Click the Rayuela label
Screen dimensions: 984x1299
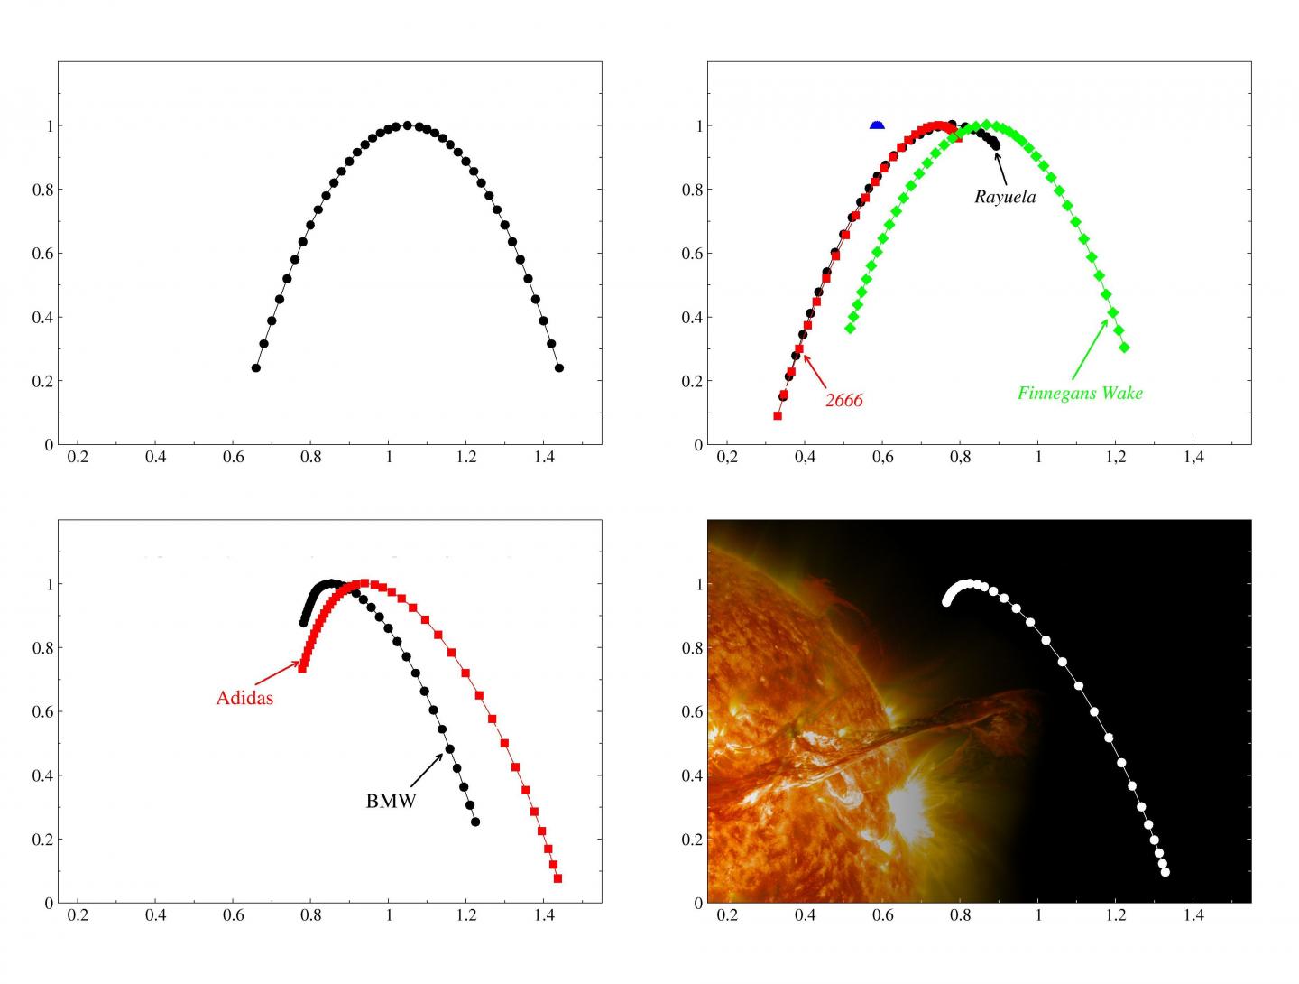[x=1005, y=197]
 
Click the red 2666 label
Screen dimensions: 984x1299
[x=843, y=400]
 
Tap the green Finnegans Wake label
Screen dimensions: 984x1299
[x=1080, y=393]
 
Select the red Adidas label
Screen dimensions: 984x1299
[x=244, y=698]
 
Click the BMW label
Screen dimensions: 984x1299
[x=391, y=801]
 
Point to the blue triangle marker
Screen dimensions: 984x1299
[x=877, y=125]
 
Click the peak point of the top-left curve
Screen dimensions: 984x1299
[x=407, y=125]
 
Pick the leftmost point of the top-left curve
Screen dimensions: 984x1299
[x=255, y=367]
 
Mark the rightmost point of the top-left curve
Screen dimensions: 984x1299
[x=559, y=367]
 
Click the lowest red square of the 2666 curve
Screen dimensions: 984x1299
[x=778, y=415]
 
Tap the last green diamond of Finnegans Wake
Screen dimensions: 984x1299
[x=1124, y=348]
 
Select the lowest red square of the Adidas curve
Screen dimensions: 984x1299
[x=557, y=878]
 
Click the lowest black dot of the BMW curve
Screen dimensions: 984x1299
[x=475, y=822]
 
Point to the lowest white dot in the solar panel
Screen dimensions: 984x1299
[x=1165, y=872]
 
